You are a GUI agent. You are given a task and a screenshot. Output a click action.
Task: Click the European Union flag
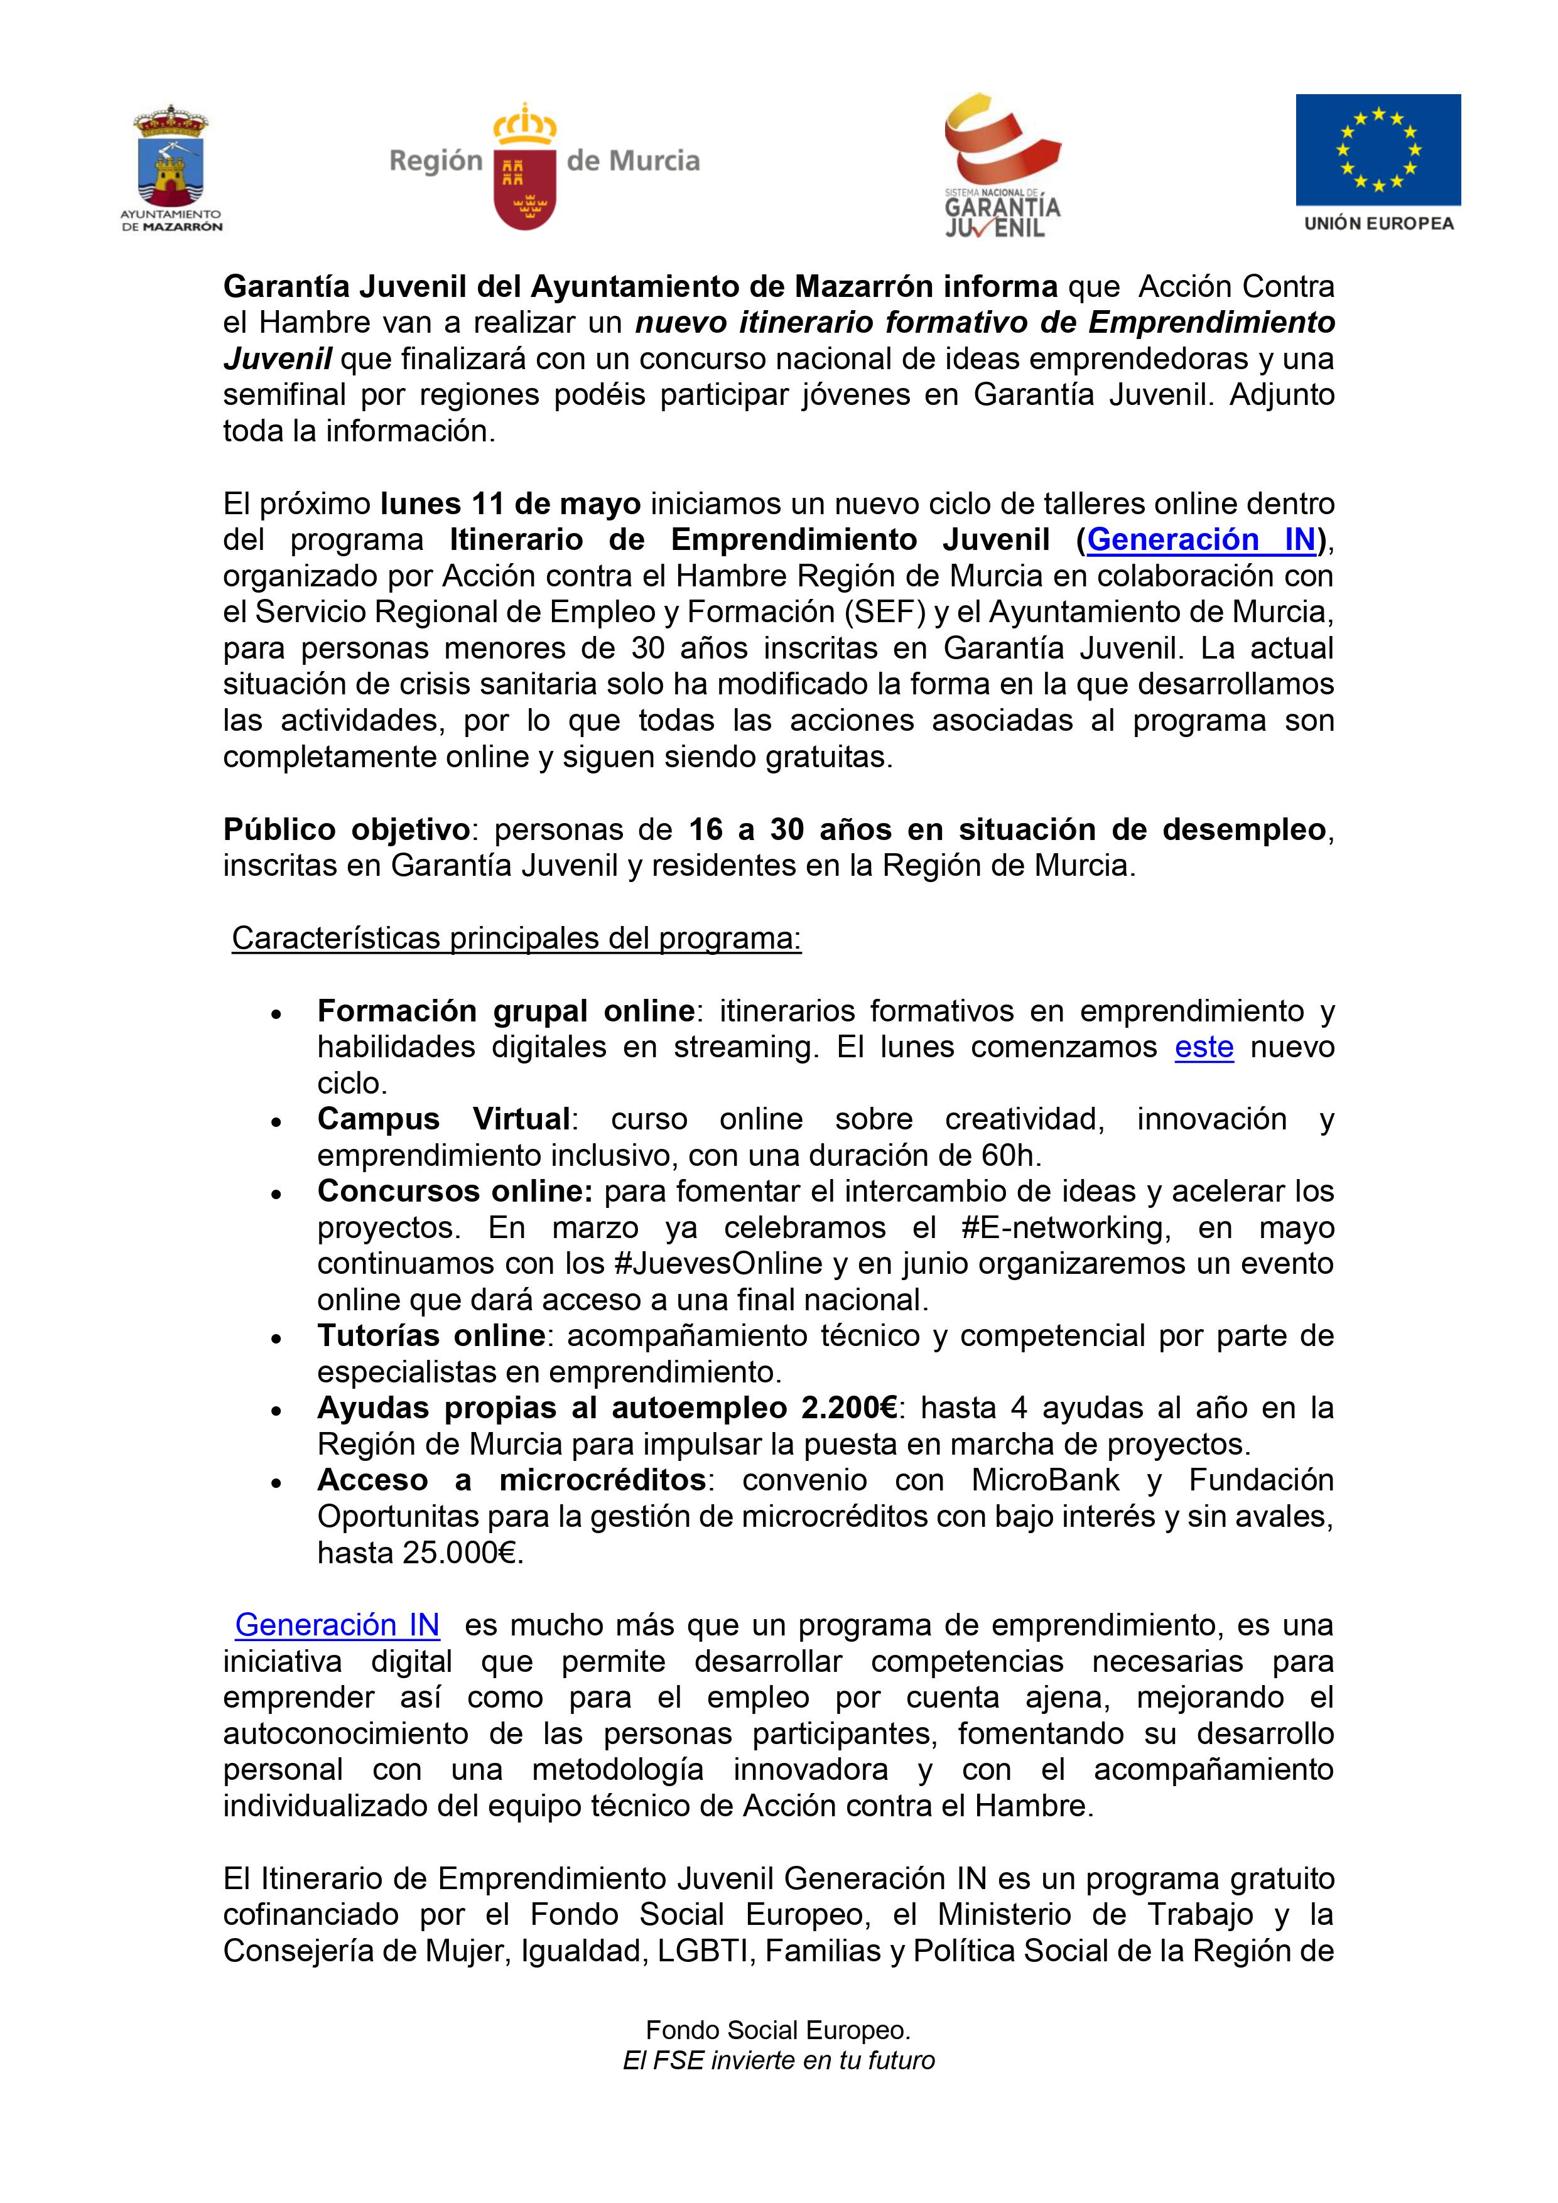[1378, 149]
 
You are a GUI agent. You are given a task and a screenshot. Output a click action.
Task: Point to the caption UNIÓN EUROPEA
[1378, 224]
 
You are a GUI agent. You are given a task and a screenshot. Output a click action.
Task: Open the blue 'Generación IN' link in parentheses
[1201, 539]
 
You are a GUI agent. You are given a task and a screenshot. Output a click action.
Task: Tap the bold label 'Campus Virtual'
[443, 1119]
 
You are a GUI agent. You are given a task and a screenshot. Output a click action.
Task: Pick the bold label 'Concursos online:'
[456, 1191]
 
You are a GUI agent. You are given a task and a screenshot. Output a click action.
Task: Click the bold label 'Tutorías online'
[431, 1335]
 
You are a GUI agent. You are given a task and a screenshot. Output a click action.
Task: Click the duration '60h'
[1009, 1155]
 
